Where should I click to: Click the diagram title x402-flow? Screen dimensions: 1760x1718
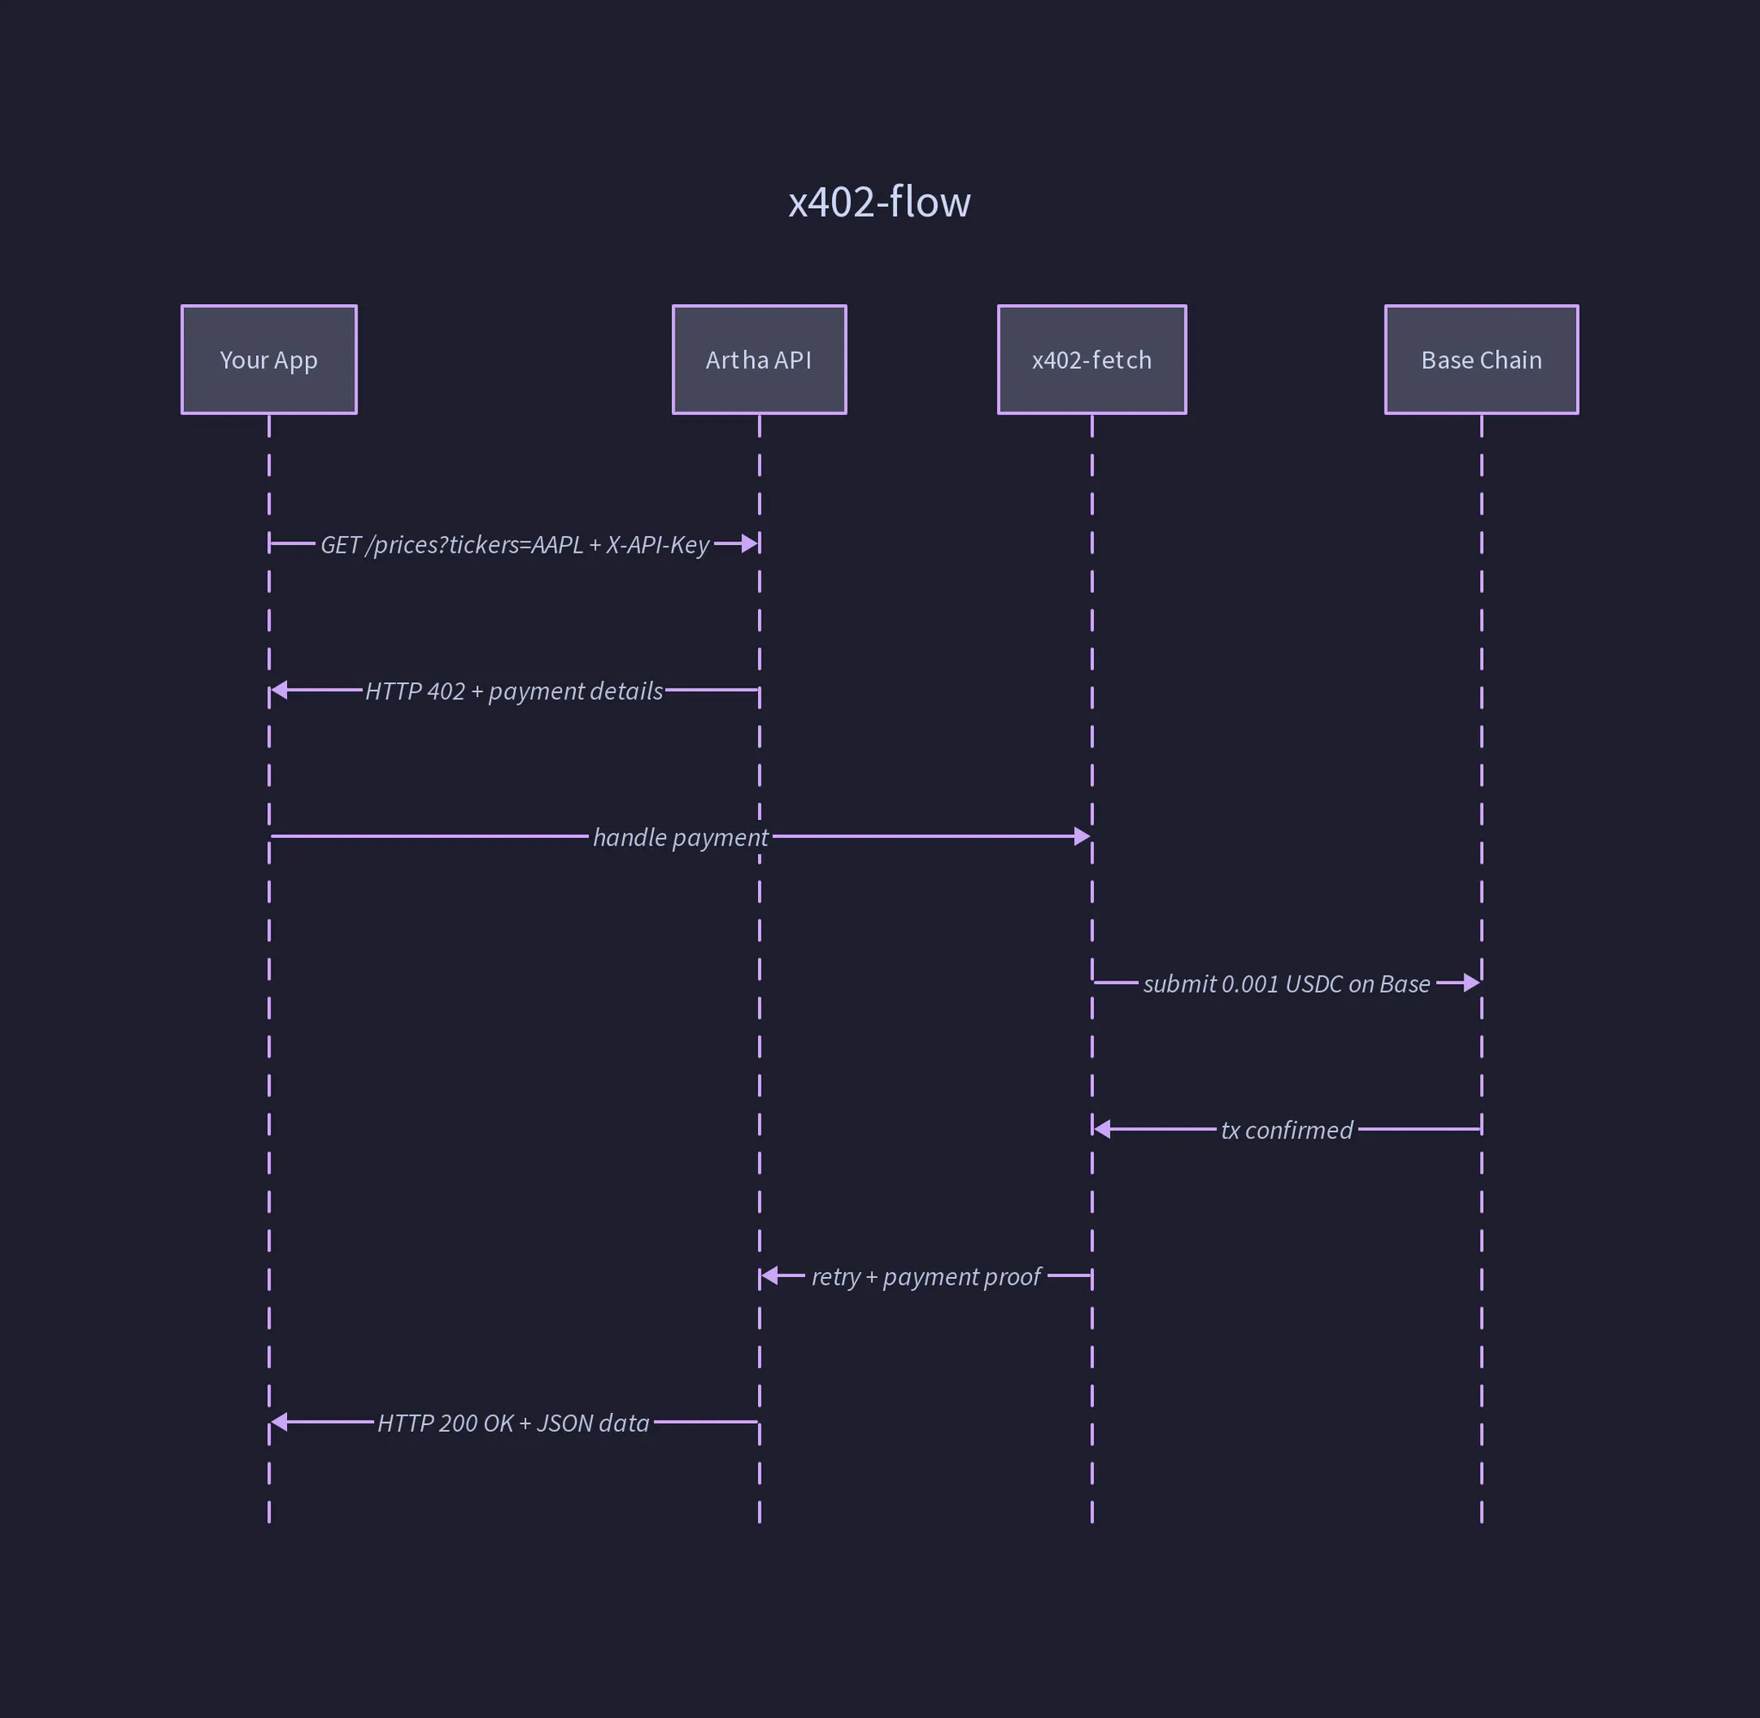pyautogui.click(x=879, y=201)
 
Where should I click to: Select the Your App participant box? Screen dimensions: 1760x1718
pyautogui.click(x=269, y=359)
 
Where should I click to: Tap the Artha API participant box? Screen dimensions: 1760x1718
pyautogui.click(x=759, y=359)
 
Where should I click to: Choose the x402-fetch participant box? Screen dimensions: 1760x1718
pyautogui.click(x=1091, y=359)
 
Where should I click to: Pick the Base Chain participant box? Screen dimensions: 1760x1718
pyautogui.click(x=1482, y=359)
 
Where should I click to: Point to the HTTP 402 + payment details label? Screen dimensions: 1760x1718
pyautogui.click(x=514, y=691)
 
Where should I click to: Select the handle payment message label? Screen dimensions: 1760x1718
pyautogui.click(x=680, y=837)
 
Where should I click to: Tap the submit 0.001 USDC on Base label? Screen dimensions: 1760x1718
pyautogui.click(x=1286, y=983)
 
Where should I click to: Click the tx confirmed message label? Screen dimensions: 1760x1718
pyautogui.click(x=1286, y=1129)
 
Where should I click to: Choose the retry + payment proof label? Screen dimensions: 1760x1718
pyautogui.click(x=926, y=1277)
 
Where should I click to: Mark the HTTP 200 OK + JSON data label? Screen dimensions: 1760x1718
pyautogui.click(x=513, y=1423)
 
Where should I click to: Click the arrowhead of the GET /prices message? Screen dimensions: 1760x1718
pyautogui.click(x=749, y=543)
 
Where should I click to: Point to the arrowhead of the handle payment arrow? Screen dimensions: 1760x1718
pyautogui.click(x=1082, y=836)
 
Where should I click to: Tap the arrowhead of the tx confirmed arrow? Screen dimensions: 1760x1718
pyautogui.click(x=1103, y=1128)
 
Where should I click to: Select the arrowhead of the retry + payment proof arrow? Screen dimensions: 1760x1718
pyautogui.click(x=769, y=1275)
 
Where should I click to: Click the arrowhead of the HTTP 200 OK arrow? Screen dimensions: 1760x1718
pyautogui.click(x=279, y=1421)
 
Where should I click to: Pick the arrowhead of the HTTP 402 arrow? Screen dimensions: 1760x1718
pyautogui.click(x=279, y=689)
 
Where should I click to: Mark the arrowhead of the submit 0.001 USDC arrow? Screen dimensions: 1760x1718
pyautogui.click(x=1471, y=982)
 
